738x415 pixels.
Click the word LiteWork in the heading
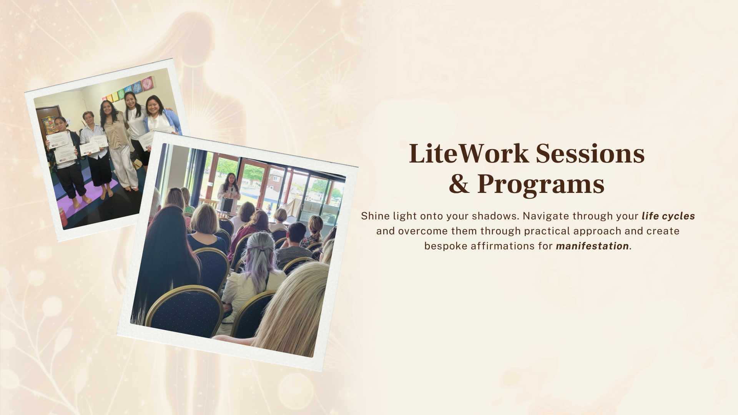469,154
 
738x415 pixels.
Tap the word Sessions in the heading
590,154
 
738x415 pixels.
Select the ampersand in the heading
459,184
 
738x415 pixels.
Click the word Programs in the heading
541,185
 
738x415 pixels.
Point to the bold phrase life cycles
668,216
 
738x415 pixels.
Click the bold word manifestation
592,246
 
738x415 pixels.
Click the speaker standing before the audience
229,192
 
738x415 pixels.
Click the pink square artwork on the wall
147,83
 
